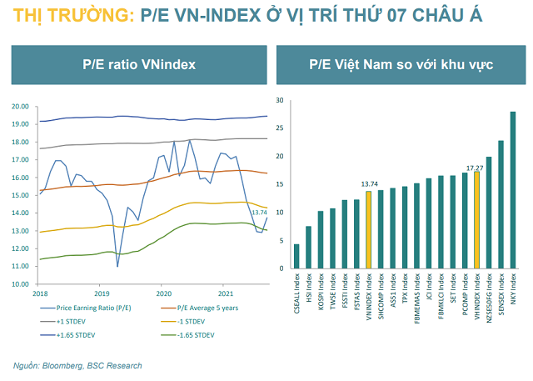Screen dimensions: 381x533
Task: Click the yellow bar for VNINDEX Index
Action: [x=368, y=230]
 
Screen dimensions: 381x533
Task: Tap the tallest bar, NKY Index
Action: [x=513, y=190]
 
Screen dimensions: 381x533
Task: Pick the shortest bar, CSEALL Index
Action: [x=296, y=256]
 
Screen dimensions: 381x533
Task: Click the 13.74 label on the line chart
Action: [x=259, y=213]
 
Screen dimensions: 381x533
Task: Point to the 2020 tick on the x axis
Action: [x=163, y=293]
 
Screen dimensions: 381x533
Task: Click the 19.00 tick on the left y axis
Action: [x=19, y=124]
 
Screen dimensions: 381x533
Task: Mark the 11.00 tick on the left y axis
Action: [x=19, y=267]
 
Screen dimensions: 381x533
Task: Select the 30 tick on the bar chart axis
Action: [x=281, y=101]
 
